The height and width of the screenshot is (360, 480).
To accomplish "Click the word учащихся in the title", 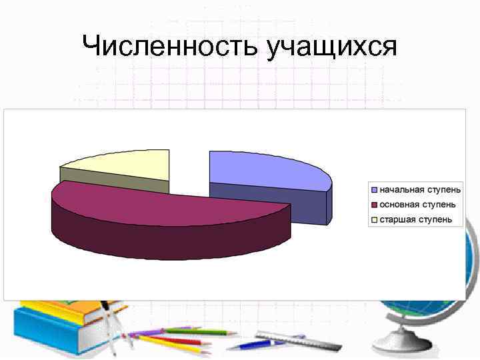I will click(x=331, y=48).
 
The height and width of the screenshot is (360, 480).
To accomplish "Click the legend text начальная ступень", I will click(x=420, y=189).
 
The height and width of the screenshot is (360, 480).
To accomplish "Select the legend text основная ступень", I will click(x=419, y=204).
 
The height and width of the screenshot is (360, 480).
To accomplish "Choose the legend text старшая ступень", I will click(x=416, y=219).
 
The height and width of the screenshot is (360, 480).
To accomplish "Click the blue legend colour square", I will click(x=375, y=189).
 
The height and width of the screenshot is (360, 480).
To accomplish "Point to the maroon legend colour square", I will click(x=375, y=205).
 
